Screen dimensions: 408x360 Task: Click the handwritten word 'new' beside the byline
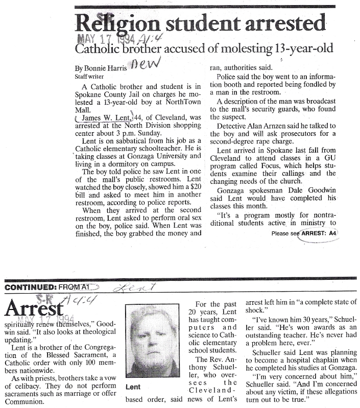point(146,63)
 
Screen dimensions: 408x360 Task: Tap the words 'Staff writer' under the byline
point(89,76)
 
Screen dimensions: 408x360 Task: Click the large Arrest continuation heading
point(33,309)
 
